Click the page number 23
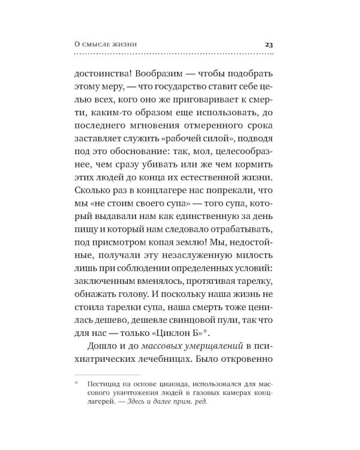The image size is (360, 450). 269,44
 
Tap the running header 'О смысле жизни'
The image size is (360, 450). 106,44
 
